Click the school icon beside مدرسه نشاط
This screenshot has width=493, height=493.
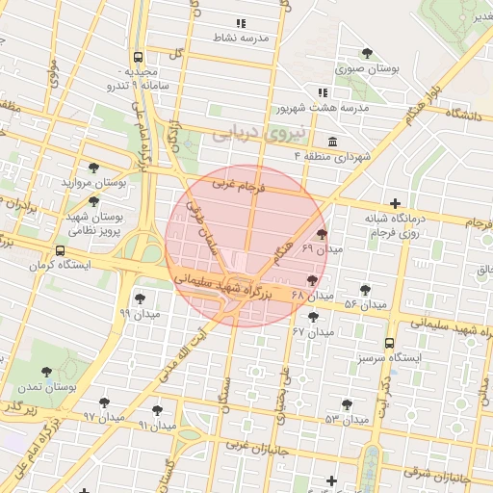pyautogui.click(x=241, y=22)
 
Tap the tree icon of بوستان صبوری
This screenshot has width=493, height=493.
pyautogui.click(x=367, y=53)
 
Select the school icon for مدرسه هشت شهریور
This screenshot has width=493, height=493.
pyautogui.click(x=322, y=92)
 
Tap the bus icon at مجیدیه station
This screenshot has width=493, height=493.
pyautogui.click(x=139, y=57)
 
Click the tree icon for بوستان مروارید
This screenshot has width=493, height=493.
pyautogui.click(x=92, y=167)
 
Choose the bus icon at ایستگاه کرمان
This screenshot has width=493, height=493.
pyautogui.click(x=61, y=250)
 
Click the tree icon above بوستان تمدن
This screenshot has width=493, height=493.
pyautogui.click(x=47, y=370)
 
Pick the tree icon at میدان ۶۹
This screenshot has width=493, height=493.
pyautogui.click(x=321, y=233)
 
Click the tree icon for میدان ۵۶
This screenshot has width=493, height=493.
pyautogui.click(x=364, y=289)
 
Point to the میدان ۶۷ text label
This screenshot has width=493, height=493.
pyautogui.click(x=314, y=332)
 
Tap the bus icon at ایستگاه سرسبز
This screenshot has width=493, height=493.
pyautogui.click(x=389, y=342)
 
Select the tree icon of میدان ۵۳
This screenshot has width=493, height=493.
pyautogui.click(x=347, y=404)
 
